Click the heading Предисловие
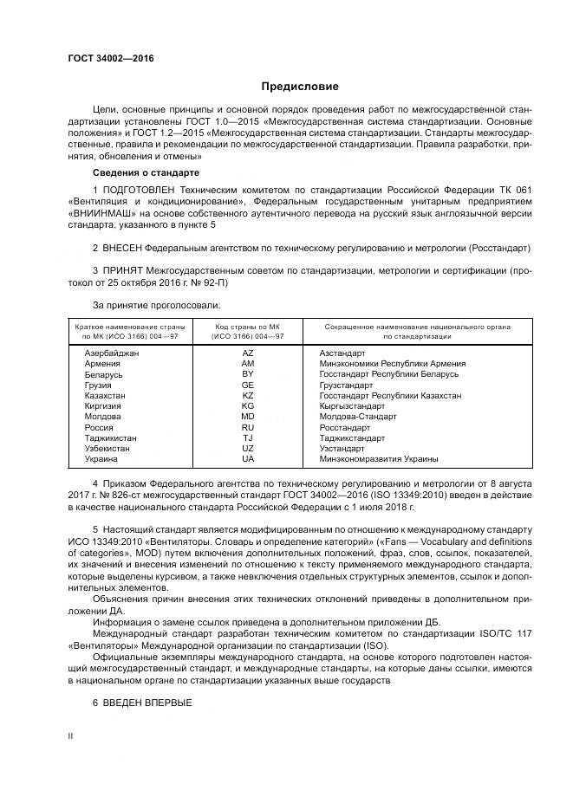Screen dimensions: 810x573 (x=300, y=87)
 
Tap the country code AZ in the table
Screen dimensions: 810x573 (x=248, y=353)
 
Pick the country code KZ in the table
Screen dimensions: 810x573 (x=248, y=395)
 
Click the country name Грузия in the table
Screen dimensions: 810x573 (x=98, y=385)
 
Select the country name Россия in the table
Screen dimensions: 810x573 (x=99, y=427)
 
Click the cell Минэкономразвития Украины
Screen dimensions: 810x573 (x=379, y=459)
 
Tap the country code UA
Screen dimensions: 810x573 (x=248, y=459)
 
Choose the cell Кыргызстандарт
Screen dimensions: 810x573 (x=352, y=405)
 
